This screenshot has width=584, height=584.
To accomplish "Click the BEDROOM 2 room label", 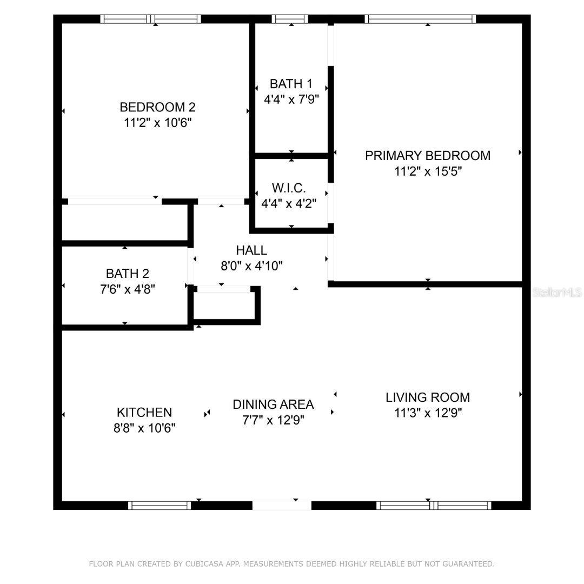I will tap(157, 107).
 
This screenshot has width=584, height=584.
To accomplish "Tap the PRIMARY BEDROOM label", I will tap(428, 156).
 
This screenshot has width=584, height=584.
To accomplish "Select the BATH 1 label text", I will tap(291, 84).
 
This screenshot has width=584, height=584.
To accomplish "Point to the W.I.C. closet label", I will tap(289, 188).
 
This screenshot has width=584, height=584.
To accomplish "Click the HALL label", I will tap(251, 250).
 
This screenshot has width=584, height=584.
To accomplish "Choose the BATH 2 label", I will tap(127, 274).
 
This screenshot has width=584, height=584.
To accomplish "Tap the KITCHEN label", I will tap(144, 413).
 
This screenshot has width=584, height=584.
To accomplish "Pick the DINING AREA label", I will tap(273, 404).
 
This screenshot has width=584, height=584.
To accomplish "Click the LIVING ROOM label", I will tap(428, 397).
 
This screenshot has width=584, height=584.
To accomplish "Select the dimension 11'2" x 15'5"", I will tap(428, 172).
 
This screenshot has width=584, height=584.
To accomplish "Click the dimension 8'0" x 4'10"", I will tap(251, 266).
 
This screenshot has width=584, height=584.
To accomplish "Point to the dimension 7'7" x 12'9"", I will tap(273, 421).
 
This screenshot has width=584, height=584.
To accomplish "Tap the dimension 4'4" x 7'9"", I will tap(291, 99).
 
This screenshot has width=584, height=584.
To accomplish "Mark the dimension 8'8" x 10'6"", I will tap(144, 428).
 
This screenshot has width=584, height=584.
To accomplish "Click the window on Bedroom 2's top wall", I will tap(151, 19).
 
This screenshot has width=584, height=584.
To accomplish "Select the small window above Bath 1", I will tap(290, 19).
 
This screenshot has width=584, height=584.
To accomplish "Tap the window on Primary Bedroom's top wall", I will tap(421, 19).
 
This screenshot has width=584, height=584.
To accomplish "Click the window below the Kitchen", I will tap(160, 506).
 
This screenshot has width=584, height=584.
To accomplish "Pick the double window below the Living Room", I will tap(434, 506).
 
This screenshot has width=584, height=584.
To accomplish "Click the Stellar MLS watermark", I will tap(557, 293).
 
